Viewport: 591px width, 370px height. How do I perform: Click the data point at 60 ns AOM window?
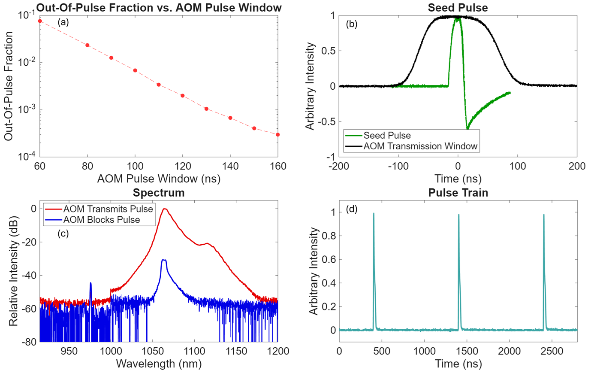[x=40, y=21]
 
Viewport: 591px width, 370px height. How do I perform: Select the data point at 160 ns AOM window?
[x=278, y=134]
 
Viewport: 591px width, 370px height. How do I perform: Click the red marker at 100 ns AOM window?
[x=135, y=70]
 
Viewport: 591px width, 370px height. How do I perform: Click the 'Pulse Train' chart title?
[x=458, y=193]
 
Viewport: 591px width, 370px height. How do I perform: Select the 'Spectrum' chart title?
[x=158, y=193]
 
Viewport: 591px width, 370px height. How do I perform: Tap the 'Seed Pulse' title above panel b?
[x=458, y=7]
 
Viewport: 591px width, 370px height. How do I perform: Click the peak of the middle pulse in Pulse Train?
[x=458, y=215]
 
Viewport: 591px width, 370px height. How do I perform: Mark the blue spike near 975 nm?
[x=90, y=283]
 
